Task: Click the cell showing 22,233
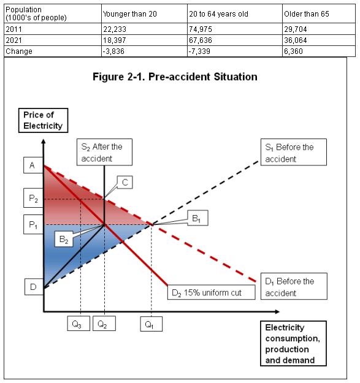tap(115, 29)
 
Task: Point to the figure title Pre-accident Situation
tap(175, 77)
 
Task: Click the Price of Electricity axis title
tap(42, 120)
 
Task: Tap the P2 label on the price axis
tap(33, 199)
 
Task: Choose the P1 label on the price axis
tap(33, 226)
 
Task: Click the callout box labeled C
tap(124, 182)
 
